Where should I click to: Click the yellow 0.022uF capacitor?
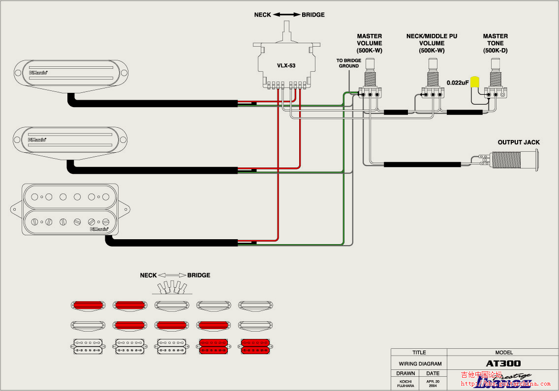475,82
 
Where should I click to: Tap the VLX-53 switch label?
285,65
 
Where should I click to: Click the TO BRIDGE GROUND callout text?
348,63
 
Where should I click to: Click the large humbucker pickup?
70,210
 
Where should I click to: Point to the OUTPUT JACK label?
519,142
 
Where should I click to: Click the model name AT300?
503,364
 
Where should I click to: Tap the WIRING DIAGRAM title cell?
420,364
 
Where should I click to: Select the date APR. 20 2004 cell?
433,383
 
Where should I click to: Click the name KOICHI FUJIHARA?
405,383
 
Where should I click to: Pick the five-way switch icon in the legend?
172,287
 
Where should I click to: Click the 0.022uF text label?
458,83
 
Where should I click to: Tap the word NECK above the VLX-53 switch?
262,15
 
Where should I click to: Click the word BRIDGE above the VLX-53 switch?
313,15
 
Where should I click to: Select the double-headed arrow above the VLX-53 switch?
287,15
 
